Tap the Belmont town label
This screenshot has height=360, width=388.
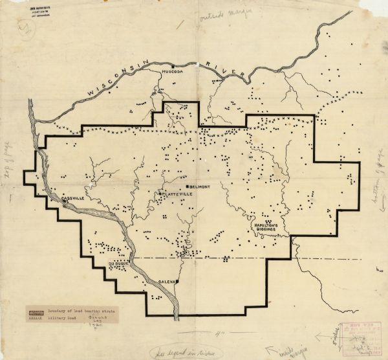(x=197, y=186)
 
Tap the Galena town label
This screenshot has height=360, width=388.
(x=168, y=283)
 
